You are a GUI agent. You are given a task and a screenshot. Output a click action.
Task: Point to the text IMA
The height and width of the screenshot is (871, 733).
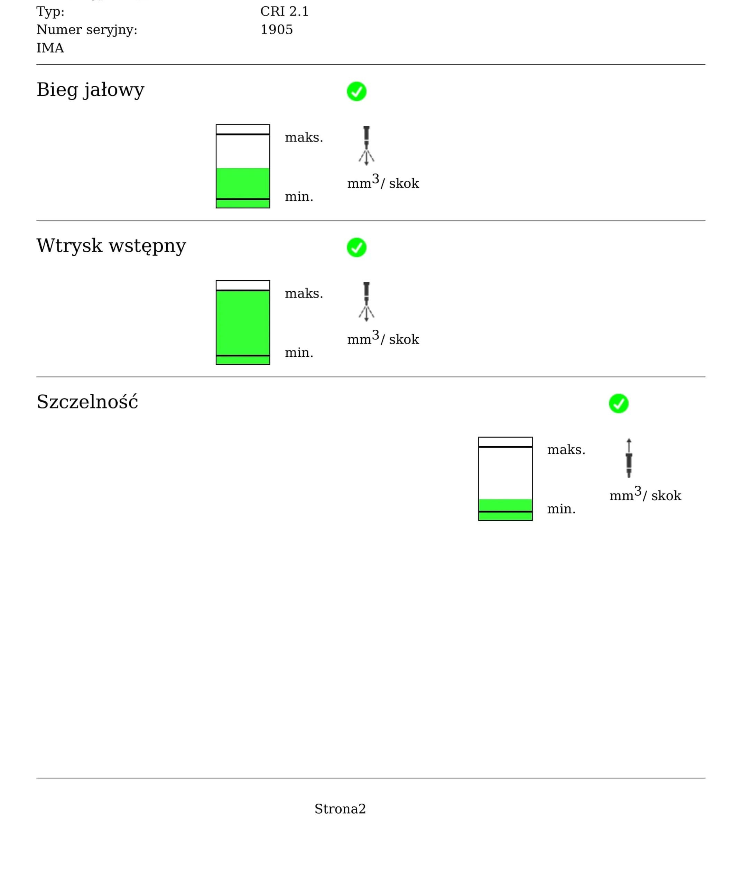coord(50,48)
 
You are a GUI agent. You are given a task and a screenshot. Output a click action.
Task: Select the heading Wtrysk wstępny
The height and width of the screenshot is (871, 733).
coord(111,245)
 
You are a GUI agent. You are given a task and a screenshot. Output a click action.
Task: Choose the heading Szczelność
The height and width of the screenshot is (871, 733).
coord(87,402)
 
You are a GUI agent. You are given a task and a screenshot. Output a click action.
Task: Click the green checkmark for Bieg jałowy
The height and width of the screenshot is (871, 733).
coord(356,91)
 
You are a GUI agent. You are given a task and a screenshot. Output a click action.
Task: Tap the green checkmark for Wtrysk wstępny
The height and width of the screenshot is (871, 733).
coord(356,247)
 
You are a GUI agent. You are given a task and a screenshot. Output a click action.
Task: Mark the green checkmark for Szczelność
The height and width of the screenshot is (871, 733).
coord(618,404)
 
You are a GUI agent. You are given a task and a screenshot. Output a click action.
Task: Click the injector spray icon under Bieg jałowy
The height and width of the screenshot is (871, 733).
coord(366,146)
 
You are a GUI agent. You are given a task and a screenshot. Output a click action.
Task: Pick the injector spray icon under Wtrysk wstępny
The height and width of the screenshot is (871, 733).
coord(366,301)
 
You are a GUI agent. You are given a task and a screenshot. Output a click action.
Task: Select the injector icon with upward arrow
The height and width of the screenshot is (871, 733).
coord(629,458)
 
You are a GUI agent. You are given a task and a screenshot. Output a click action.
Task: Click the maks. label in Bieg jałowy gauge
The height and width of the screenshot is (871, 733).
coord(304,138)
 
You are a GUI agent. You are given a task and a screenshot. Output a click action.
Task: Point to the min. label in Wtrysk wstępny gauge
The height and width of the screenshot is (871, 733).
coord(299,353)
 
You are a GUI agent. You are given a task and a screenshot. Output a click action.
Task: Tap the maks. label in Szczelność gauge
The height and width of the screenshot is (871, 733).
coord(566,450)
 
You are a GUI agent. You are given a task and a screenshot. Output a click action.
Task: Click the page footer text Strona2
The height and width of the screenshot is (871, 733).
coord(340,809)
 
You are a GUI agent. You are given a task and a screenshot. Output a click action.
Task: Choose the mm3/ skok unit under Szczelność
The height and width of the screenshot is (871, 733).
coord(645,494)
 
